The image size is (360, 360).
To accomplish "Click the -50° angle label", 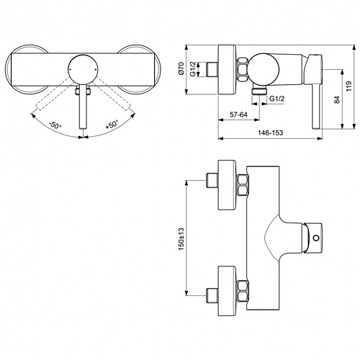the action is pyautogui.click(x=55, y=125).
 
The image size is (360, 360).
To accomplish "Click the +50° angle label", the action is pyautogui.click(x=112, y=125).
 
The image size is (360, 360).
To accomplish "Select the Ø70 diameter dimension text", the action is pyautogui.click(x=181, y=68).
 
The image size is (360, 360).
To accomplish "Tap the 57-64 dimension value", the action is pyautogui.click(x=238, y=114).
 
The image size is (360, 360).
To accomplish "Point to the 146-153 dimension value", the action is pyautogui.click(x=271, y=132).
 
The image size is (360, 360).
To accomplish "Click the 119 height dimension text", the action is pyautogui.click(x=348, y=86).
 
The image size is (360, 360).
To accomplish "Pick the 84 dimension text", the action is pyautogui.click(x=337, y=99).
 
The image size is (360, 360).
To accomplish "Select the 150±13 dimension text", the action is pyautogui.click(x=181, y=239).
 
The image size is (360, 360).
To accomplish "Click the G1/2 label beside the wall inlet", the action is pyautogui.click(x=193, y=69).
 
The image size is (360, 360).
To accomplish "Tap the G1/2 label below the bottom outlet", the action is pyautogui.click(x=276, y=99).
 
